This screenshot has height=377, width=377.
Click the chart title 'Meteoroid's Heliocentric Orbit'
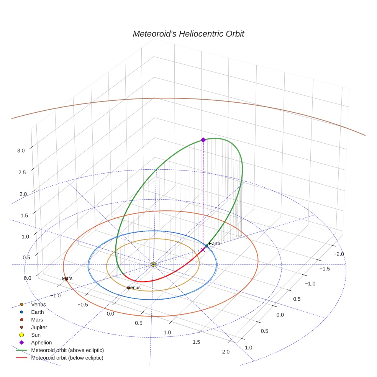188,34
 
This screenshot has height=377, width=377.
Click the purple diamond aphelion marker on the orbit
203,140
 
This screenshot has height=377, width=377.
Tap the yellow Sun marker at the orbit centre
153,264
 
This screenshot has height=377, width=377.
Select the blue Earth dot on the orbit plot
206,246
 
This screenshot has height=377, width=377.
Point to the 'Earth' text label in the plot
215,244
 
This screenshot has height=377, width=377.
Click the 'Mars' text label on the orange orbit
67,279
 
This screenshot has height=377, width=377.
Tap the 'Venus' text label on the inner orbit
134,287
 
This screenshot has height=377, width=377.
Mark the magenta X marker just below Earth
203,250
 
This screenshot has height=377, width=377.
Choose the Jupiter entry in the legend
39,327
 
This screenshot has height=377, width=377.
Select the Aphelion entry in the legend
41,343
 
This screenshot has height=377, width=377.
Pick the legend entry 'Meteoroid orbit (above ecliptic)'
67,350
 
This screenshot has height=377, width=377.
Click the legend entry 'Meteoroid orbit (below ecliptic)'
67,358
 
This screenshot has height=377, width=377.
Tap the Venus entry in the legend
38,305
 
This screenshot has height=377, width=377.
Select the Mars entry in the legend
37,320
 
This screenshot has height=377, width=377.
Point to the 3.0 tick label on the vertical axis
21,151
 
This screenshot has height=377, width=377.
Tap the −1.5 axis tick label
325,269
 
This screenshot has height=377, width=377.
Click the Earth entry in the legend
37,312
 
